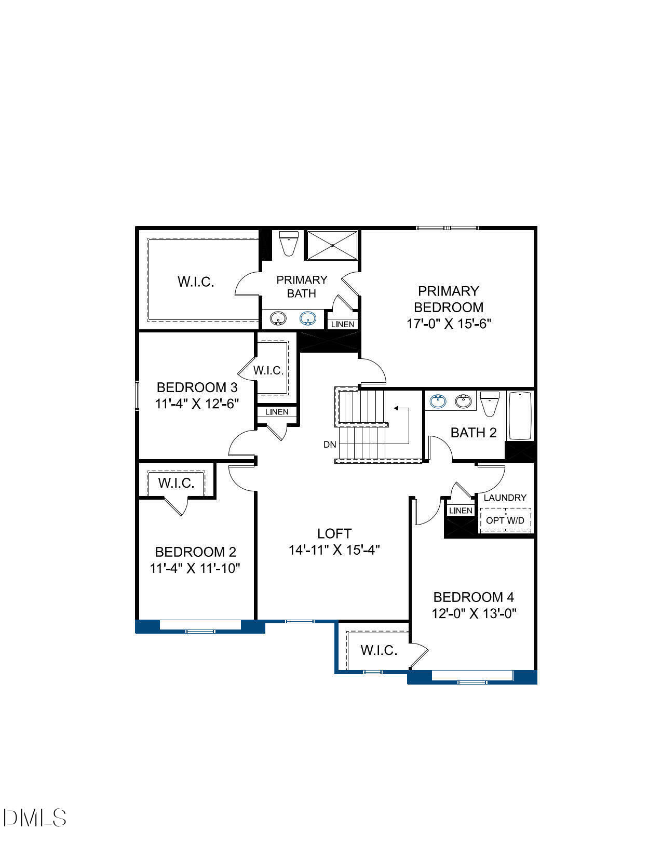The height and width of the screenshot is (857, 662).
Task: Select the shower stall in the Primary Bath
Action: click(332, 245)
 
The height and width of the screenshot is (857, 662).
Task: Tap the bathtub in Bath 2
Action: click(520, 416)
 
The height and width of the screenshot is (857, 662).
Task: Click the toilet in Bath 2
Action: click(490, 404)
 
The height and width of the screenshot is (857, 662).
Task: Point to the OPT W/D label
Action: click(505, 520)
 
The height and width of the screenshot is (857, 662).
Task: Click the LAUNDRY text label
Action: click(505, 498)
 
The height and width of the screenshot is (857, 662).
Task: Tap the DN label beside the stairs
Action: click(330, 445)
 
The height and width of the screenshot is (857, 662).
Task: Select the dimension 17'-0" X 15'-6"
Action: click(449, 324)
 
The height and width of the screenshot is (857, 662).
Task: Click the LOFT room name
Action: click(334, 533)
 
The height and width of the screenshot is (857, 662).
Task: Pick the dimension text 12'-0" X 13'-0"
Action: click(474, 613)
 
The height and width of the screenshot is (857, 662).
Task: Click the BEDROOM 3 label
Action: click(197, 387)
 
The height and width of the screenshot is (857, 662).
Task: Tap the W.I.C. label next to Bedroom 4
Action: click(379, 650)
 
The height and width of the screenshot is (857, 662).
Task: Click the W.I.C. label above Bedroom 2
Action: click(177, 483)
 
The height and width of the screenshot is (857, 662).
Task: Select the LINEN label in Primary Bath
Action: click(343, 324)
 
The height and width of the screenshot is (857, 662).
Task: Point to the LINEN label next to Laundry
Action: click(461, 511)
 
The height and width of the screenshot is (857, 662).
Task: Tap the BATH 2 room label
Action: click(474, 433)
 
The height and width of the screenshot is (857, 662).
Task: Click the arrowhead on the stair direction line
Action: click(396, 408)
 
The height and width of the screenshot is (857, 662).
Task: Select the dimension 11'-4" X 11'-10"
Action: click(195, 568)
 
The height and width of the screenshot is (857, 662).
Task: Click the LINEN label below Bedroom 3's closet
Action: click(277, 412)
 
